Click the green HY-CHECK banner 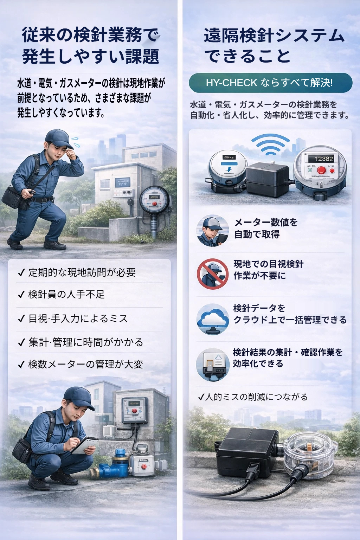270,83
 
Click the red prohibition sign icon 212,274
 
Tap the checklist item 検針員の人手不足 66,294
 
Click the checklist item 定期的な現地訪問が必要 82,272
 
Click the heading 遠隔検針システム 274,36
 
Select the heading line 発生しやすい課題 91,56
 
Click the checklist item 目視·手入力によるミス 78,319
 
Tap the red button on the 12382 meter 321,171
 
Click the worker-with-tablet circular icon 212,231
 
